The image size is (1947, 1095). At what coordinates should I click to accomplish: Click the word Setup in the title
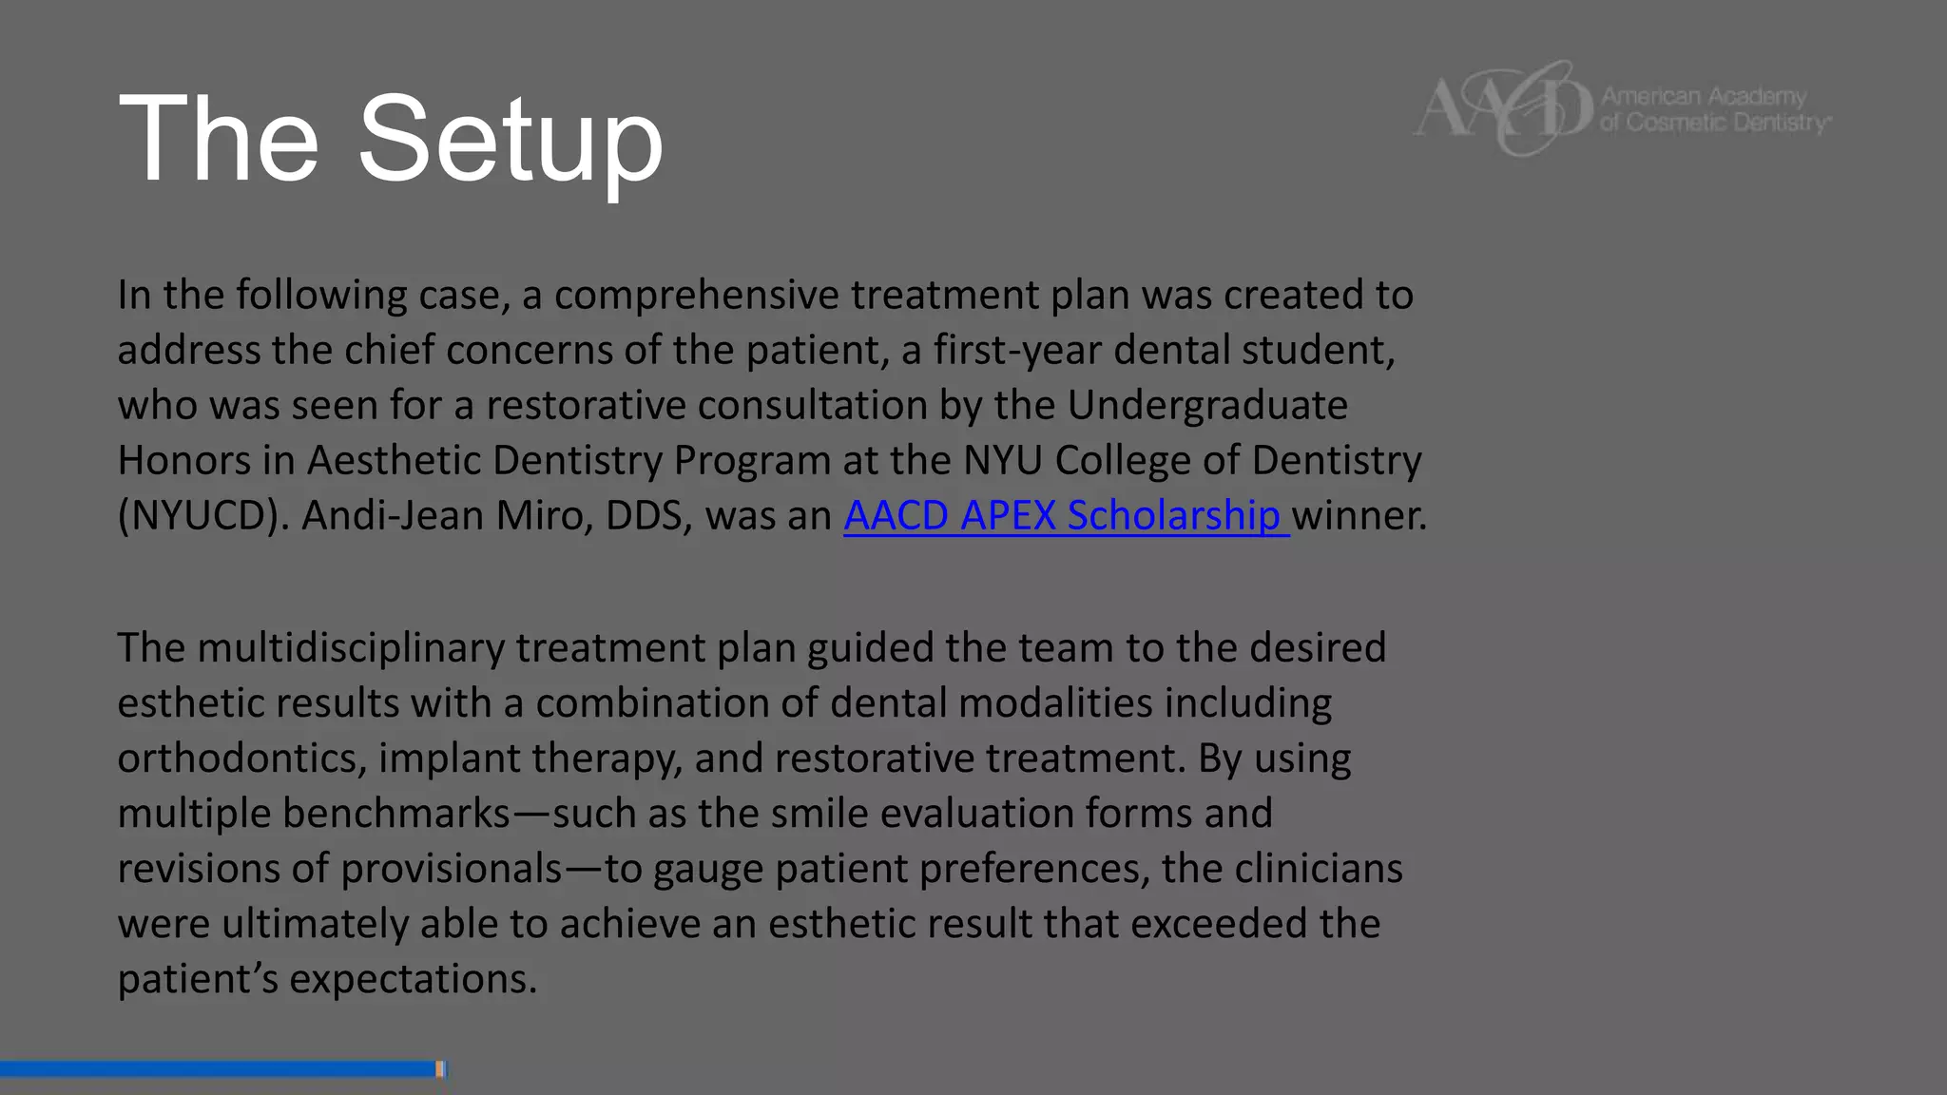pyautogui.click(x=510, y=140)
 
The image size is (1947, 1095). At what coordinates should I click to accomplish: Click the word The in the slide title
pyautogui.click(x=218, y=140)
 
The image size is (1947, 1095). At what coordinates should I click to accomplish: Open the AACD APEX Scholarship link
pyautogui.click(x=1065, y=516)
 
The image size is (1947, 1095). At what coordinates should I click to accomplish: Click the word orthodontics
pyautogui.click(x=241, y=759)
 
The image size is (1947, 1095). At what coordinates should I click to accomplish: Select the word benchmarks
pyautogui.click(x=396, y=814)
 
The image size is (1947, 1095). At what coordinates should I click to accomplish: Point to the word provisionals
pyautogui.click(x=452, y=869)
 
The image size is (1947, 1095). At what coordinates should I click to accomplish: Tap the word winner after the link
pyautogui.click(x=1359, y=516)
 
